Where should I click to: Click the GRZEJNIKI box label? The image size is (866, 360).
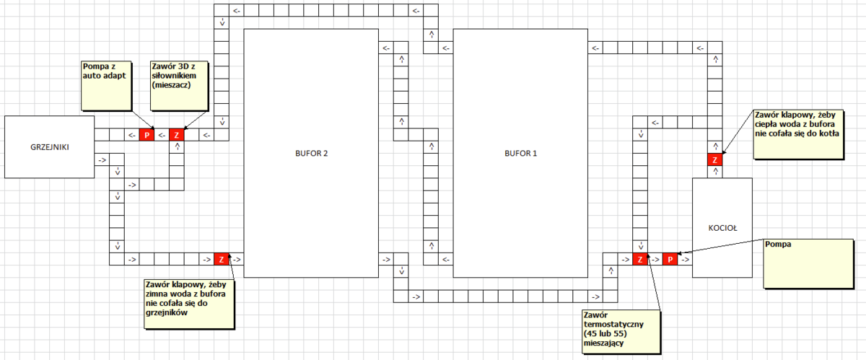50,147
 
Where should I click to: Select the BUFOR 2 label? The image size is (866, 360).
311,153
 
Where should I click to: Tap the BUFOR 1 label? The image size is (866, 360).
520,153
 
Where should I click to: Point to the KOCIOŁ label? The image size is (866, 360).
722,228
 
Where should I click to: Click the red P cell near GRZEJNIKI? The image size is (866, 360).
146,135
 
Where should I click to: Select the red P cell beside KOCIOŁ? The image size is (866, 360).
670,259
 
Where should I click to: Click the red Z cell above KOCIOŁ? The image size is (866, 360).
715,159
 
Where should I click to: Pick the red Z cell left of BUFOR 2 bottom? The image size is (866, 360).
222,259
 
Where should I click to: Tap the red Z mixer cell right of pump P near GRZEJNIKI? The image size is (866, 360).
177,135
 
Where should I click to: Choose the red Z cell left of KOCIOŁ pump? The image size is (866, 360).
640,259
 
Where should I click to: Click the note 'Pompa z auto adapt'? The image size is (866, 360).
106,86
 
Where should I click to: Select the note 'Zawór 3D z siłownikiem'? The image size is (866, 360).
180,86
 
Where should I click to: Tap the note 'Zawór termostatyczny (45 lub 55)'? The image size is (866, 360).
621,331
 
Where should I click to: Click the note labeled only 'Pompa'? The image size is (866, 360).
808,264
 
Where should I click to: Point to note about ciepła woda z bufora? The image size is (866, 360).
799,134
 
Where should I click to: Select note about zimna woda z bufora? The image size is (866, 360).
189,304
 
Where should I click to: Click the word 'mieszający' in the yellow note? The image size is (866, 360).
603,343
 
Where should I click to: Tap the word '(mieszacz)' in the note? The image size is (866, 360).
171,85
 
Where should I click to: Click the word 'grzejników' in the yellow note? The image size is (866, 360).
167,312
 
